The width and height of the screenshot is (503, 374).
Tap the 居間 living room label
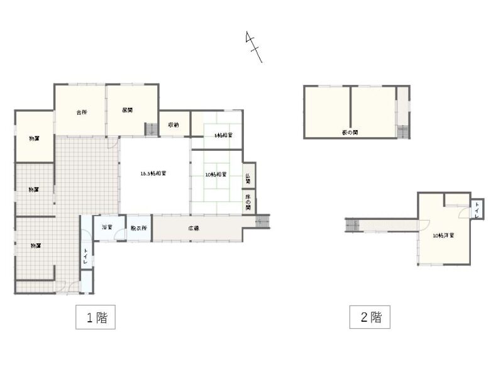click(x=127, y=110)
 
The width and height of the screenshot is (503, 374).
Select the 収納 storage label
click(x=174, y=125)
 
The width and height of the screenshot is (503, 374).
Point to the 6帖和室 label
click(x=224, y=135)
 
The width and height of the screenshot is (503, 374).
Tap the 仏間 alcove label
click(x=248, y=178)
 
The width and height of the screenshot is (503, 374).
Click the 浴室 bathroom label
click(x=107, y=227)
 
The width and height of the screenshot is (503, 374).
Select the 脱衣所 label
click(x=138, y=228)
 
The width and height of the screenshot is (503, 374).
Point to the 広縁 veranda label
click(x=194, y=228)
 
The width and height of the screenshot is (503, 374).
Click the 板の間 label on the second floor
click(x=350, y=133)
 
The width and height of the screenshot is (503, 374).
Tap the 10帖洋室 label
click(x=444, y=236)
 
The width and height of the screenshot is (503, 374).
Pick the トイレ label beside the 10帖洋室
click(x=477, y=209)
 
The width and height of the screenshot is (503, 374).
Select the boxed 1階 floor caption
click(x=96, y=317)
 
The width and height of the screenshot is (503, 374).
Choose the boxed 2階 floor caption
click(x=370, y=317)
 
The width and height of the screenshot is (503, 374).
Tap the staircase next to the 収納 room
click(x=152, y=129)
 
